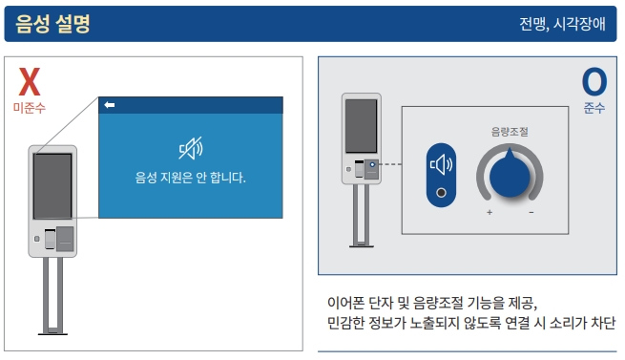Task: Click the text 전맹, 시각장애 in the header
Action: pyautogui.click(x=562, y=24)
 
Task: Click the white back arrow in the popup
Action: pyautogui.click(x=110, y=105)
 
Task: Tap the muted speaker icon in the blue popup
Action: pyautogui.click(x=191, y=148)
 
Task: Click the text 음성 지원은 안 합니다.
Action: pyautogui.click(x=191, y=178)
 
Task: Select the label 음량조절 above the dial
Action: pyautogui.click(x=510, y=132)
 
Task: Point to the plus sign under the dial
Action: pyautogui.click(x=490, y=211)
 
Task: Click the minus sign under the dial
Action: pyautogui.click(x=531, y=211)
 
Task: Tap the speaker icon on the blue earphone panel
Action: pyautogui.click(x=441, y=165)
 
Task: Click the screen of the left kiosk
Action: pyautogui.click(x=52, y=185)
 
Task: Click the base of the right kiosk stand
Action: pyautogui.click(x=361, y=245)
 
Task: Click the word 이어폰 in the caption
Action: pyautogui.click(x=349, y=302)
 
